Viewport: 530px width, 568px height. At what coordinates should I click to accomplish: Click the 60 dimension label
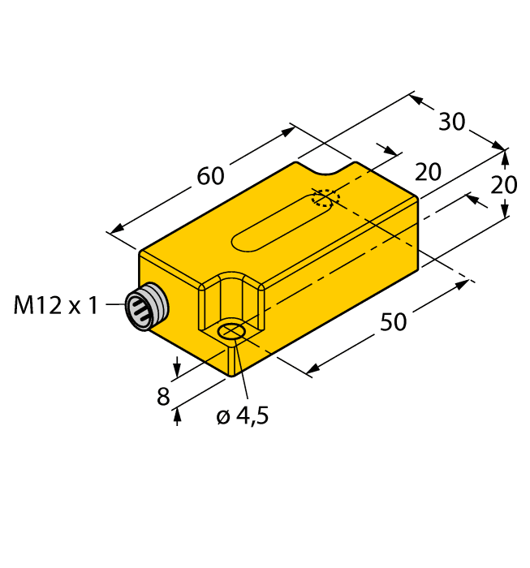point(210,175)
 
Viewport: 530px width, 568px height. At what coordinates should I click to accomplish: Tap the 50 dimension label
point(394,322)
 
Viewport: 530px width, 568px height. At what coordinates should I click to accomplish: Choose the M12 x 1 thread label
point(56,305)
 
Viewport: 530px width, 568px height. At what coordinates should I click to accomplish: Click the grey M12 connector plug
point(147,306)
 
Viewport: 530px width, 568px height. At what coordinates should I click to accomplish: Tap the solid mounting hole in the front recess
point(234,331)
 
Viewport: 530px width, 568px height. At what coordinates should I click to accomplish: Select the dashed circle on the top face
point(325,200)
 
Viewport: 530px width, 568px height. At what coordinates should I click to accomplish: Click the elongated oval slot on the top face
point(282,223)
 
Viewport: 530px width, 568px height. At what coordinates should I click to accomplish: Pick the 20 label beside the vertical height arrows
point(504,185)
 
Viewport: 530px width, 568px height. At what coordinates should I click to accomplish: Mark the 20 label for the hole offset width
point(428,172)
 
